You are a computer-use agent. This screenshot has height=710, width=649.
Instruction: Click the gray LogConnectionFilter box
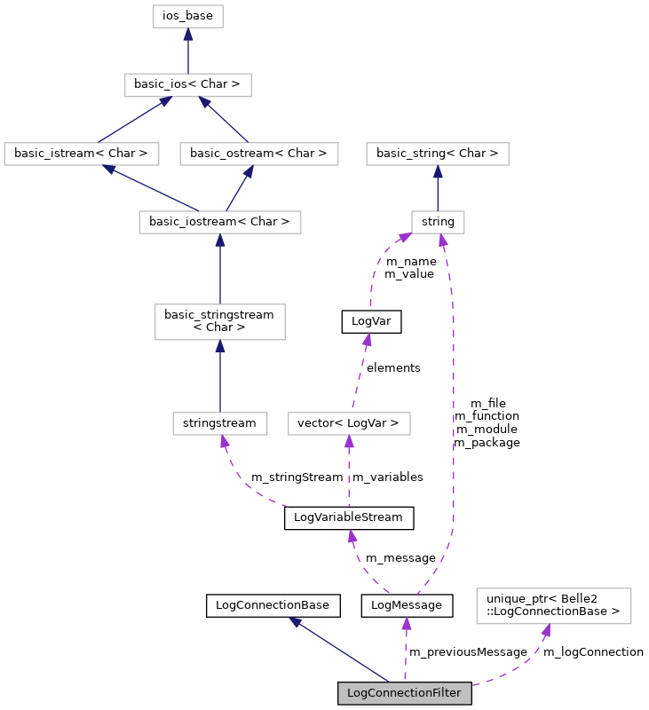pos(404,693)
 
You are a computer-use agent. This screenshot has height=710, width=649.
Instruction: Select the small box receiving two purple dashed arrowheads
pos(438,222)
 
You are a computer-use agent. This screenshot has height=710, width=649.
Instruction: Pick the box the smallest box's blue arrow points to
pos(437,154)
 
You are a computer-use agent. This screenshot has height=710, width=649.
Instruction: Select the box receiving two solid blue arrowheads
pos(188,85)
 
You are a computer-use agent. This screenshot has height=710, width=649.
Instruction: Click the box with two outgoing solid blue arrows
pos(220,222)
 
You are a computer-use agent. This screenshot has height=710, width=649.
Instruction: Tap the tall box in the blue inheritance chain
pos(220,322)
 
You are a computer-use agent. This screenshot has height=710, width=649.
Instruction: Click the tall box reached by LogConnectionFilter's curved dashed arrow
pos(553,606)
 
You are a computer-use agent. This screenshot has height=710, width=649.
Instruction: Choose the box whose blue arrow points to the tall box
pos(220,423)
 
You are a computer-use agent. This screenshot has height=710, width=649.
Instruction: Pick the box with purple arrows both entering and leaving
pos(349,423)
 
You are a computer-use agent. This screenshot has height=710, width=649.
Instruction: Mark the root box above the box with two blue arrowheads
pos(188,16)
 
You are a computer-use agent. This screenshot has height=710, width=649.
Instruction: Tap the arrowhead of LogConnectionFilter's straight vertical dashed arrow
pos(406,624)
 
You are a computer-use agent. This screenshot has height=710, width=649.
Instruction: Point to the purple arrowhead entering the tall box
pos(546,630)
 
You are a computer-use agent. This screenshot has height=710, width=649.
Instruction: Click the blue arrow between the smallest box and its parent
pos(438,188)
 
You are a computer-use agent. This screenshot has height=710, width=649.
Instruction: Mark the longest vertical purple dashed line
pos(454,399)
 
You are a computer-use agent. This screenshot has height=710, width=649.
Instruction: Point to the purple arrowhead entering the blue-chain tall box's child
pos(225,441)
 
